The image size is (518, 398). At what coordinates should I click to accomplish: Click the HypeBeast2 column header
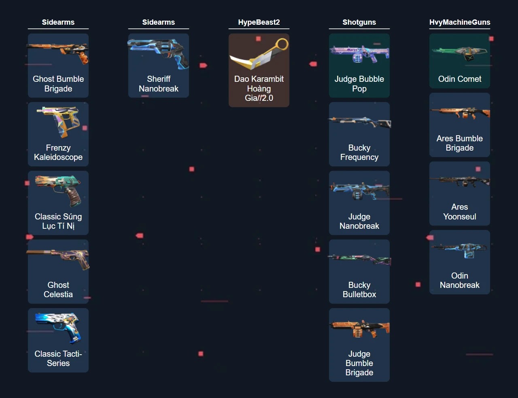259,22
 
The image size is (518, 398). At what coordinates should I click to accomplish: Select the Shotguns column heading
359,22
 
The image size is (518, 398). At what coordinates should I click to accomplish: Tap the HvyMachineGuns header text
459,22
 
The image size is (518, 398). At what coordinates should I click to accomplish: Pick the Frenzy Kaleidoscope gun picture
58,121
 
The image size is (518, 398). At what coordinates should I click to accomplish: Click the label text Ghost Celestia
58,290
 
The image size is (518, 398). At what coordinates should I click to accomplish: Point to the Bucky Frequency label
359,153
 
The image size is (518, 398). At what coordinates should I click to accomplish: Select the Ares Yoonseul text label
460,212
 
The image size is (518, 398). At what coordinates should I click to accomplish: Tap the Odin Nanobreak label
460,280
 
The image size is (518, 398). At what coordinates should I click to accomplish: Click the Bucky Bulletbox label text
359,290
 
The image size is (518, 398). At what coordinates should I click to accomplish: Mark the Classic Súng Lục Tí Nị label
58,221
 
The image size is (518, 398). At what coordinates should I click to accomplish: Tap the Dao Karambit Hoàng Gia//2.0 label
259,88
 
